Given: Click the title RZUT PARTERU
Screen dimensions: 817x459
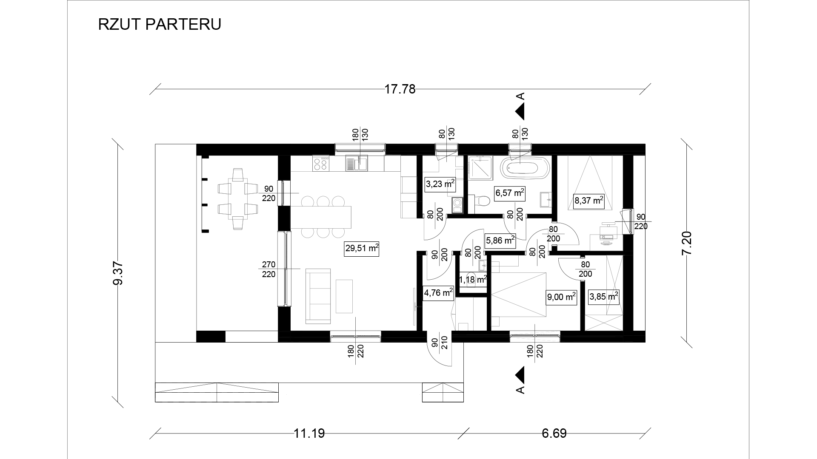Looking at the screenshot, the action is (160, 24).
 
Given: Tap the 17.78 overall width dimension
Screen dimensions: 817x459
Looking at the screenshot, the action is (400, 89).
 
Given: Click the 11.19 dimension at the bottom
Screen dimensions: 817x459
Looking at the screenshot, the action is (309, 433).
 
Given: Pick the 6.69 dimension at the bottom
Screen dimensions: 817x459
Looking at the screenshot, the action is (554, 433).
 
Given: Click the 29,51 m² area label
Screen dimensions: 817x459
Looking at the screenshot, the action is (362, 249).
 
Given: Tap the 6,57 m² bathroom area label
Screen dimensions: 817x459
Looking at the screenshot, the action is (509, 193).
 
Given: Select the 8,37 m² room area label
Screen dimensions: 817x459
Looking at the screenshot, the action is (589, 201).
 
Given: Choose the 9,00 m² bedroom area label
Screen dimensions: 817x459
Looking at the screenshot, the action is (561, 297).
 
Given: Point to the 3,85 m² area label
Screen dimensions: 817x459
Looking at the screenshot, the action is (603, 297).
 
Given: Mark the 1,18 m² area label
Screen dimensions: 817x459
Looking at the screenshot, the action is (472, 280).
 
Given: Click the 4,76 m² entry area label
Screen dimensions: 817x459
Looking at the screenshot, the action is (438, 292).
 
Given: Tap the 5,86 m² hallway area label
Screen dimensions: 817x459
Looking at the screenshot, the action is (500, 241).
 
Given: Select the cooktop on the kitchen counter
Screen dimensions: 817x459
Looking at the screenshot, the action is (321, 164).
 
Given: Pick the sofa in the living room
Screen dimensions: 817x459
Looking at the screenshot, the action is (318, 296).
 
